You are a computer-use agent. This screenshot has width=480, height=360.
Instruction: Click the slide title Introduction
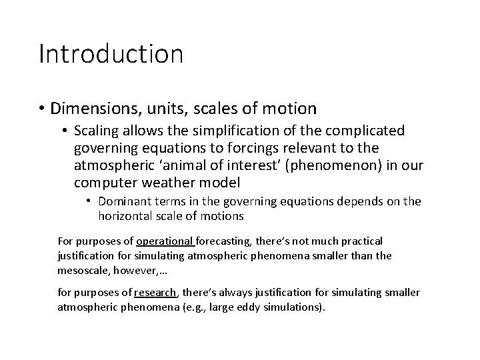(111, 54)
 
